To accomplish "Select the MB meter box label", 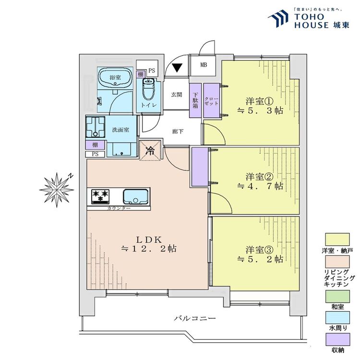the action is (204, 65).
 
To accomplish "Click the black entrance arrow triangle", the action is (177, 68).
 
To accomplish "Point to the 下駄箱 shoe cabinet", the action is (195, 100).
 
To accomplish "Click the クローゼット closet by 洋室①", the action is (212, 100).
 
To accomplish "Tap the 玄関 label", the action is (177, 95).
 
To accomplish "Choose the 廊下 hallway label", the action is (178, 132).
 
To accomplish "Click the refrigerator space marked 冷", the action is (150, 151).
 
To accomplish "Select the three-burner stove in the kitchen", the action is (101, 196).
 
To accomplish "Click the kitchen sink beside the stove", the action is (135, 196).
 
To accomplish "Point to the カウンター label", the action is (119, 208).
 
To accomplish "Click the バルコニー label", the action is (195, 318).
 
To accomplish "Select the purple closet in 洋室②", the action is (200, 167).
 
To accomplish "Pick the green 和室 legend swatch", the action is (337, 296).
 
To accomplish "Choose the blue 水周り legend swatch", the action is (337, 318).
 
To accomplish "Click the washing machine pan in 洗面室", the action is (96, 127).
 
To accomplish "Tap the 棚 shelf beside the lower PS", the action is (95, 145).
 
